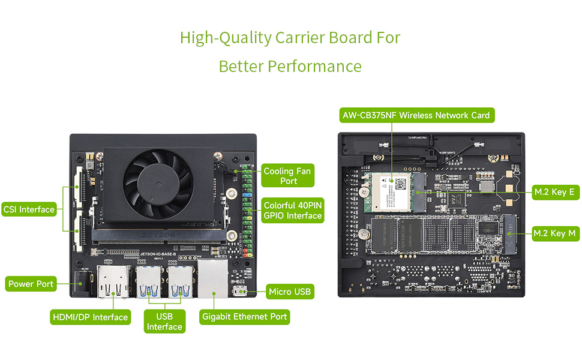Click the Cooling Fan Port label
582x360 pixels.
point(287,176)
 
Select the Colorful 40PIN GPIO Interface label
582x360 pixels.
point(293,210)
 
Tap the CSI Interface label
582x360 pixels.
point(29,209)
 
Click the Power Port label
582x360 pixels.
point(31,284)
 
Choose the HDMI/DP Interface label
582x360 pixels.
point(89,317)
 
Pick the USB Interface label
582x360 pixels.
point(164,322)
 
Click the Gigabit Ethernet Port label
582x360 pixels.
point(244,316)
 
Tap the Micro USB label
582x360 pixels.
point(290,292)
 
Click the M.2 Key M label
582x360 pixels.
point(556,233)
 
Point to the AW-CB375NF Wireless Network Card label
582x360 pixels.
point(416,115)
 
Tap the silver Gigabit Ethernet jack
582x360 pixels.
point(212,280)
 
